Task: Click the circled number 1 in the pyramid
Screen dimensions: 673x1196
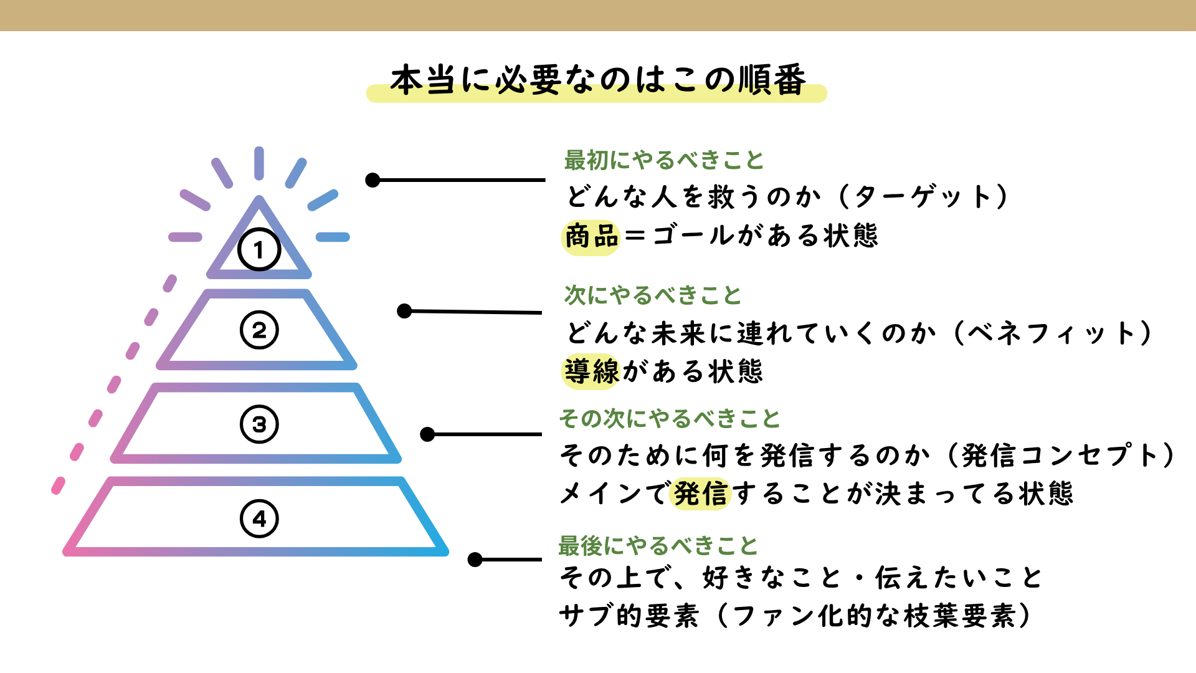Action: (x=259, y=250)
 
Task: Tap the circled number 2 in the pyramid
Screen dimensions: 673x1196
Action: (x=259, y=330)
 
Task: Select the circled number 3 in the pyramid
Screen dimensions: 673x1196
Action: (x=259, y=424)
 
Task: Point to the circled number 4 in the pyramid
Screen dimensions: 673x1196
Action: (x=259, y=518)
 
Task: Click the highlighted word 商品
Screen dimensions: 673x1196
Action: (x=591, y=237)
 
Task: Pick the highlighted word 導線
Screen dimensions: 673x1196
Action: (x=591, y=371)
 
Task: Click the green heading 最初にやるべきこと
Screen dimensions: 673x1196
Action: (x=663, y=160)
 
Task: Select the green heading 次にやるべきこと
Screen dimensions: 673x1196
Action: (x=652, y=295)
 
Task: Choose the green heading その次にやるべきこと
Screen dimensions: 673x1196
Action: (x=669, y=418)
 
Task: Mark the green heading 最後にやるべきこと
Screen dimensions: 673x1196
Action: (x=657, y=546)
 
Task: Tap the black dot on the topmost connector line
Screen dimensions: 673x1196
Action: (x=373, y=180)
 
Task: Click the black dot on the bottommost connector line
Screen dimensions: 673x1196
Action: (x=475, y=560)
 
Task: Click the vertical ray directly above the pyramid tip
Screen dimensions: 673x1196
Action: (x=259, y=163)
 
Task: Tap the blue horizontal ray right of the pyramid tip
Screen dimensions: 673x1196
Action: (x=333, y=237)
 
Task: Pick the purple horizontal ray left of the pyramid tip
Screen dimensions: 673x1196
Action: (x=185, y=237)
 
